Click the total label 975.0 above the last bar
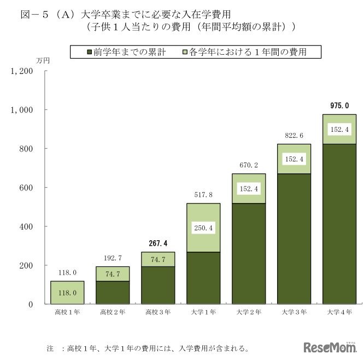(x=339, y=105)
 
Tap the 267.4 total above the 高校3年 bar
(x=158, y=243)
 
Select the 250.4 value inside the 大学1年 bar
(x=203, y=228)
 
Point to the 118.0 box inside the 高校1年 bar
(x=67, y=293)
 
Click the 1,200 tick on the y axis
(x=22, y=71)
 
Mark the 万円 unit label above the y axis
(x=43, y=60)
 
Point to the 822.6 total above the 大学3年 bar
(x=293, y=135)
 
